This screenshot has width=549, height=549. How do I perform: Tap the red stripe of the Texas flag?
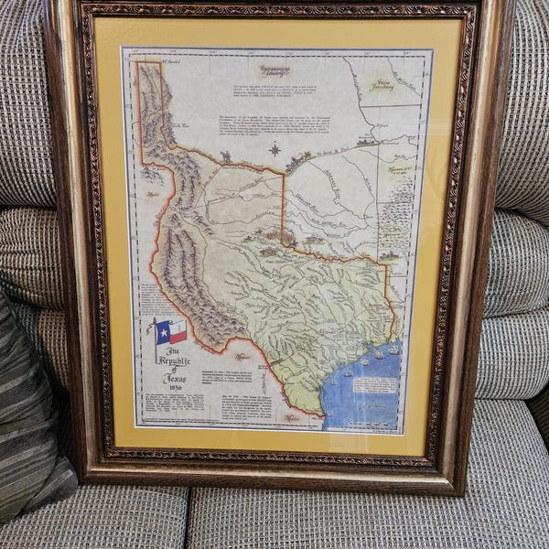[178, 337]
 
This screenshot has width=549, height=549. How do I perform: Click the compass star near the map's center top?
[274, 149]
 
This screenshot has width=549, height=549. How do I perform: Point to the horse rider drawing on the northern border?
[225, 156]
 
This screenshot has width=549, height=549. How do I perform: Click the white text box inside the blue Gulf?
[374, 383]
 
